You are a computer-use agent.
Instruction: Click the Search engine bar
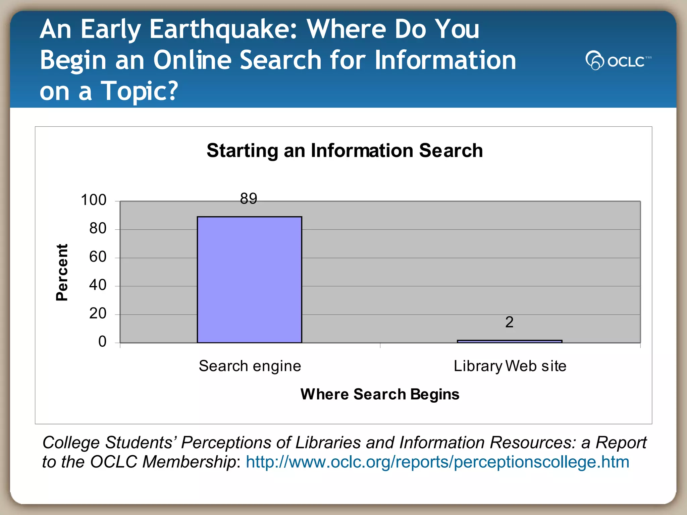click(x=249, y=279)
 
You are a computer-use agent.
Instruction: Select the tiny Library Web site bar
click(x=509, y=341)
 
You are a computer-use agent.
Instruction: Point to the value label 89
click(x=249, y=198)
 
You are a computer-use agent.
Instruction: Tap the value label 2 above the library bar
click(x=509, y=322)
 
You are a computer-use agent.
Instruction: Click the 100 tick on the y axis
click(x=94, y=200)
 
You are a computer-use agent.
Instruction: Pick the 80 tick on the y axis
click(x=98, y=228)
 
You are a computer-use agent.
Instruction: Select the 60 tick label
click(x=98, y=257)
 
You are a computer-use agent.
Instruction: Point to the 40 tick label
click(x=98, y=285)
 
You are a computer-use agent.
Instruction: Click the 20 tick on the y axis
click(x=98, y=313)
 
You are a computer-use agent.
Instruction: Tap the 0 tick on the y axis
click(x=102, y=342)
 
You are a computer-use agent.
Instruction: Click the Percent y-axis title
click(x=62, y=272)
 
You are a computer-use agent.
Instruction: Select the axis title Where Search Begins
click(x=380, y=394)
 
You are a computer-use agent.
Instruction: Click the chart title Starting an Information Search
click(x=345, y=150)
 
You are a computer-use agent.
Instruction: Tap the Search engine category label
click(x=250, y=366)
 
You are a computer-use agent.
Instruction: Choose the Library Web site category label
click(x=510, y=366)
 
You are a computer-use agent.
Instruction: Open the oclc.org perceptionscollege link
click(x=437, y=462)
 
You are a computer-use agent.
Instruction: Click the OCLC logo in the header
click(x=618, y=60)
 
